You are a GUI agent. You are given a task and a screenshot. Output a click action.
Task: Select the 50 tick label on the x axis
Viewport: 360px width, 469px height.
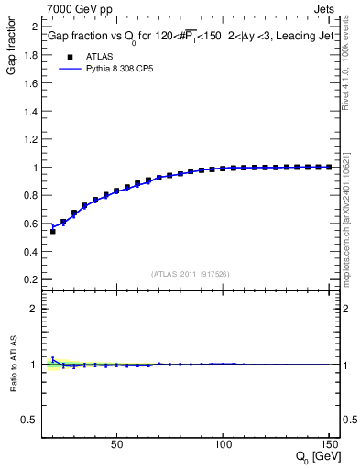click(x=116, y=445)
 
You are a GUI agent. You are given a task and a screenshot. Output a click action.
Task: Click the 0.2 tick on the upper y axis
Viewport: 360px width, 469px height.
click(x=31, y=279)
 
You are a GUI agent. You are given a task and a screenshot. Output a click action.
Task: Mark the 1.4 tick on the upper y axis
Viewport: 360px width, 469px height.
click(x=31, y=111)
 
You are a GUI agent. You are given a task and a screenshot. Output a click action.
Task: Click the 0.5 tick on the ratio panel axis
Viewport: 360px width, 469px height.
click(x=31, y=420)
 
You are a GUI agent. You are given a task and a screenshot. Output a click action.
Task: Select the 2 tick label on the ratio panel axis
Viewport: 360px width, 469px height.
click(x=35, y=309)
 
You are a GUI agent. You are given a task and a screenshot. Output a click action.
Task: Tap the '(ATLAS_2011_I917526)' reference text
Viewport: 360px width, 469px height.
click(x=190, y=273)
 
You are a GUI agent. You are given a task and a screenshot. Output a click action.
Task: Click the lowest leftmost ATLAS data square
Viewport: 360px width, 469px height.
click(x=52, y=231)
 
